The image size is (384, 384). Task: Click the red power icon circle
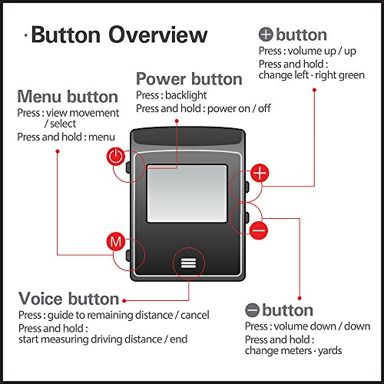click(x=116, y=156)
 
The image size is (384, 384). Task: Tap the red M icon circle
click(x=116, y=241)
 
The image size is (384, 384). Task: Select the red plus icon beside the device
click(x=260, y=173)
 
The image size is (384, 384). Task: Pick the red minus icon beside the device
click(x=259, y=230)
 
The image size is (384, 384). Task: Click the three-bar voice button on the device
click(x=189, y=263)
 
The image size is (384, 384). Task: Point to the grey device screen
click(x=187, y=194)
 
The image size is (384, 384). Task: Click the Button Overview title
click(x=119, y=35)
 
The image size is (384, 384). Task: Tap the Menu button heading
click(x=68, y=97)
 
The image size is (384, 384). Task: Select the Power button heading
click(x=189, y=79)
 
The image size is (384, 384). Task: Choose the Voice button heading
click(x=68, y=299)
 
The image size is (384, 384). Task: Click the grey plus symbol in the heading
click(x=266, y=35)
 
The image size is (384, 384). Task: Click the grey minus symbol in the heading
click(x=252, y=310)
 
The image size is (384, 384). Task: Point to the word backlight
click(x=186, y=95)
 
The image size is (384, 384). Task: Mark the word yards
click(x=330, y=351)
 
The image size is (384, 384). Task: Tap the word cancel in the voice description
click(x=195, y=315)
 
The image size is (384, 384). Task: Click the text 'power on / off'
click(x=239, y=108)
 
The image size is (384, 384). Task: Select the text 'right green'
click(x=339, y=75)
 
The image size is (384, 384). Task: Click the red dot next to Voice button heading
click(x=124, y=301)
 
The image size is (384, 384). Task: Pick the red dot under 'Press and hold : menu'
click(x=58, y=151)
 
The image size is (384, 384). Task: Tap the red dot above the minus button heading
click(x=300, y=298)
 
